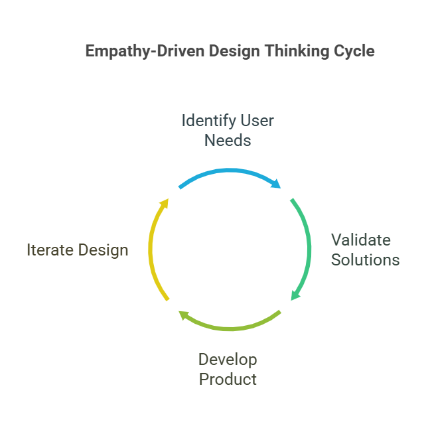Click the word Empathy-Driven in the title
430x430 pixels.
click(145, 51)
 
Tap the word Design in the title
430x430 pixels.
click(234, 52)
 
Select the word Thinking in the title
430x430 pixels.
click(297, 52)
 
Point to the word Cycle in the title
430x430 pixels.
click(354, 52)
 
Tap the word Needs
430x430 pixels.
click(228, 141)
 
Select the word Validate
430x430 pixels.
click(361, 240)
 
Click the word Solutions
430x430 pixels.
click(365, 259)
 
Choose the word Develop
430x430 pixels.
click(228, 360)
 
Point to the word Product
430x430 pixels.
click(228, 380)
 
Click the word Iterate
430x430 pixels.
click(50, 250)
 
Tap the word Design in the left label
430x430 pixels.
click(104, 250)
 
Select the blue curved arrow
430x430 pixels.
click(229, 171)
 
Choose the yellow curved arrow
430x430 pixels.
click(150, 250)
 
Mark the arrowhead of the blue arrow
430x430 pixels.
click(277, 184)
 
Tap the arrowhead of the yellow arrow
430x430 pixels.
click(165, 203)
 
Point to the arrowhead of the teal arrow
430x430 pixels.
click(295, 295)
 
